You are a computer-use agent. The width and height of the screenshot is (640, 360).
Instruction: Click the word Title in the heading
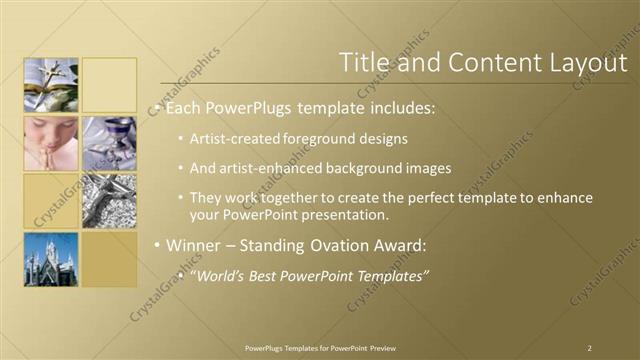tap(363, 62)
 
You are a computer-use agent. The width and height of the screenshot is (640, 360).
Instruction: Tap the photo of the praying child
tap(51, 143)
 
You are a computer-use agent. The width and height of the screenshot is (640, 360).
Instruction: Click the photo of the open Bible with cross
tap(51, 84)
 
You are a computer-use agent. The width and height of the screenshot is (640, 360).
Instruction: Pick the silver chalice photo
tap(109, 143)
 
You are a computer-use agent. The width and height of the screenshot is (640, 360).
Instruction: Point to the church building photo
tap(51, 260)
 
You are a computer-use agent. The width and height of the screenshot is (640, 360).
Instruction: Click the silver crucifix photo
tap(109, 201)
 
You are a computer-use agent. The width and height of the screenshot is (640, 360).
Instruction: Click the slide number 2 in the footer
tap(590, 347)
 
